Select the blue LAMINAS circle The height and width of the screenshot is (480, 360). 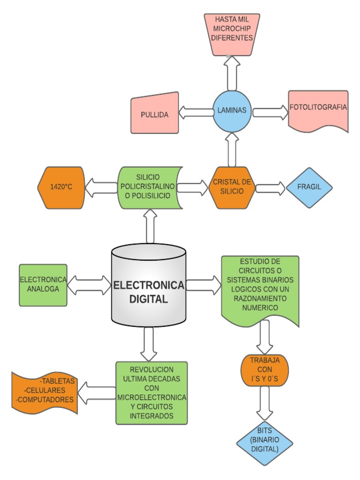point(232,111)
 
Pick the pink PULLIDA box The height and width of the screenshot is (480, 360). point(155,114)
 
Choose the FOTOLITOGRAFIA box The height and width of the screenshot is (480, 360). point(318,111)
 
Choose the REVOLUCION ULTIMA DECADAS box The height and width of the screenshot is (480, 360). point(152,393)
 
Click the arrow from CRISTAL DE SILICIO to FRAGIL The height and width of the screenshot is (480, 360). point(270,188)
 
